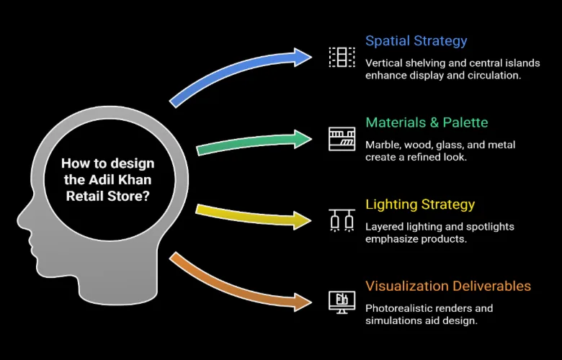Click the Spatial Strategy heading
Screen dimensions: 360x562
[x=416, y=41]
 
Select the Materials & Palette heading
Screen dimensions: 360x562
[x=427, y=122]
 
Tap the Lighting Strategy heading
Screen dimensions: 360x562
[x=420, y=204]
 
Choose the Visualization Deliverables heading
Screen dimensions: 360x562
[x=447, y=287]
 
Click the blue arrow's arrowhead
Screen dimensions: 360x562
[x=302, y=56]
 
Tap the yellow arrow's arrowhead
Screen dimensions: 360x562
[x=303, y=217]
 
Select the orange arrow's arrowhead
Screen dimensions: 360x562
[x=303, y=300]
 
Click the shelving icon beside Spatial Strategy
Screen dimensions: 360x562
[x=342, y=57]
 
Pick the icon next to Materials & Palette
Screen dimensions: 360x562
[x=342, y=138]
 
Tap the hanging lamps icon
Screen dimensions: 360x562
[x=342, y=219]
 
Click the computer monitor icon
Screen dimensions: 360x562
[x=342, y=300]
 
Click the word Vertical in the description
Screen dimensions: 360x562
[x=386, y=63]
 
